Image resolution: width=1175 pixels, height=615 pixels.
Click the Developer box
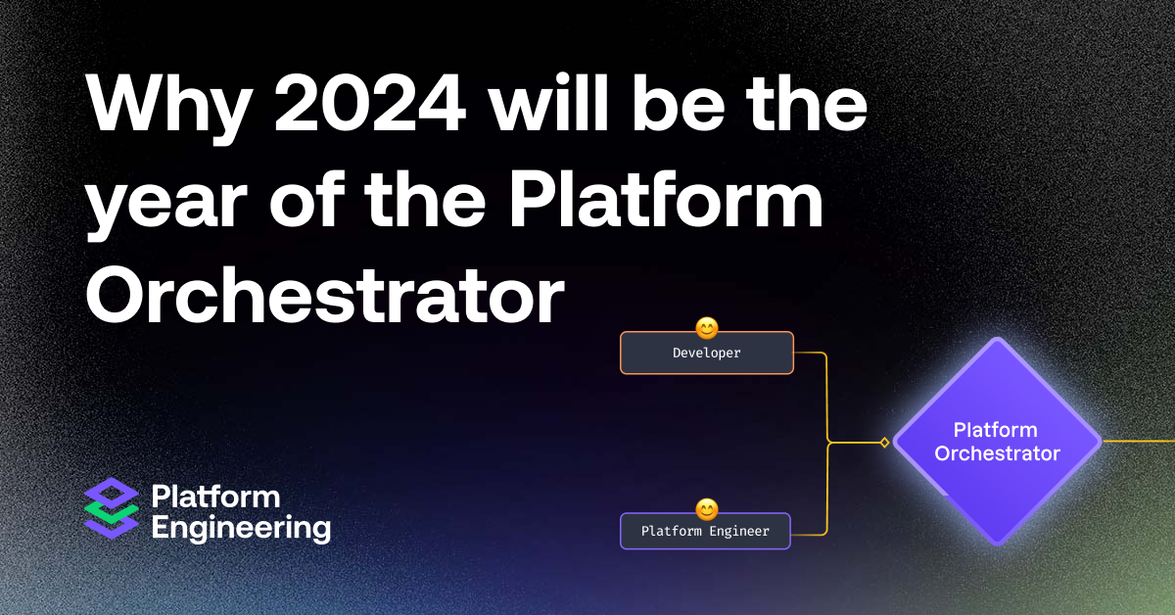click(x=706, y=353)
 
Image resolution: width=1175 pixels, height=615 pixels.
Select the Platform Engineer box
click(x=705, y=531)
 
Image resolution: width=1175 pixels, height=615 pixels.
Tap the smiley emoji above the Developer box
click(x=706, y=327)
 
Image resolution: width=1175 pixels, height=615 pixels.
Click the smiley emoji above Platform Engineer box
click(x=706, y=508)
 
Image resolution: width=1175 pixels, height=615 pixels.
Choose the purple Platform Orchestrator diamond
click(x=997, y=441)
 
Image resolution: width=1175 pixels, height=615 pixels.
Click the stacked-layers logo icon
click(x=112, y=507)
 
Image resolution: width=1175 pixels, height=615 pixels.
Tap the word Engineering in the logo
click(x=241, y=528)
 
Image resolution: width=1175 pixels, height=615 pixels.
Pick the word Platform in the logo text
click(x=215, y=497)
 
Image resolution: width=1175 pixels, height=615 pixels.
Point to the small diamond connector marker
click(x=884, y=443)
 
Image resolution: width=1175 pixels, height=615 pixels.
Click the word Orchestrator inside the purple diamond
click(x=997, y=453)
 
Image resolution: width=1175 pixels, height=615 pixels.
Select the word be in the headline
click(x=644, y=109)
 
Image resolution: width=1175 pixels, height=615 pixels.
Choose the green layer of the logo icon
click(x=112, y=510)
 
